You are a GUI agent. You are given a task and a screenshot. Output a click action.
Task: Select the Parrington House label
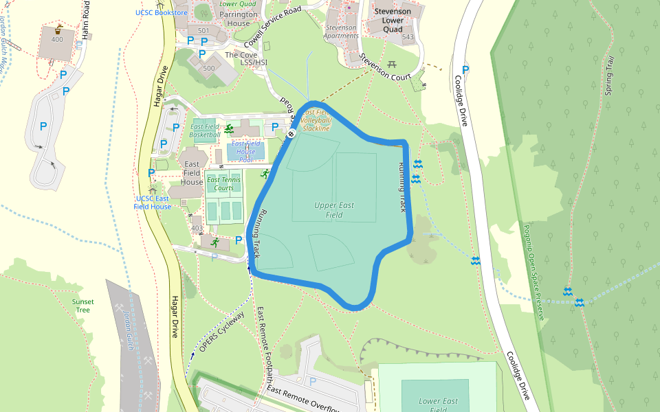coord(239,19)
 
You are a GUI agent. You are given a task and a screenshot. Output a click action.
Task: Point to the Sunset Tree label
coord(83,306)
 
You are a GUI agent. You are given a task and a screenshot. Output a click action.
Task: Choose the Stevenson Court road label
coord(385,69)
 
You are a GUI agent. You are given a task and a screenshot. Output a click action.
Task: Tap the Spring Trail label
coord(608,76)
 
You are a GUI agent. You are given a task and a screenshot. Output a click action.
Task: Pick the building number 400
coord(57,40)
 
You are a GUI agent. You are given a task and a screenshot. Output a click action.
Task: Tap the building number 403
coord(197,228)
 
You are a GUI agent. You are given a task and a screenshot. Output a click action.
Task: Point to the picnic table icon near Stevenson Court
coord(392,64)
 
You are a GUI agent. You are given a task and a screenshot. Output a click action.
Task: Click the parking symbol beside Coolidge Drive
coord(466,69)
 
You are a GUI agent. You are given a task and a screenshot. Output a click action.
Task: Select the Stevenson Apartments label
coord(341,32)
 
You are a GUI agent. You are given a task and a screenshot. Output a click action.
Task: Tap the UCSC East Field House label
coord(153,203)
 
